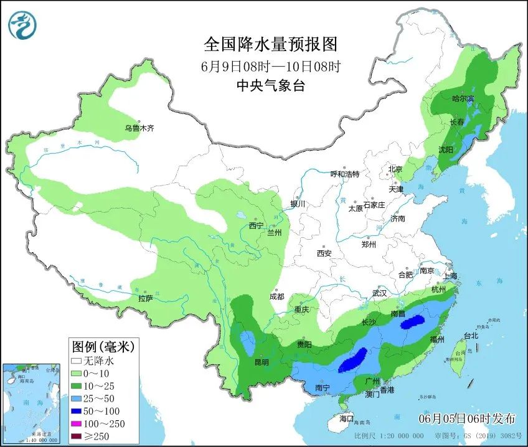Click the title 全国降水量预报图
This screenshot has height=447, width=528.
[x=270, y=44]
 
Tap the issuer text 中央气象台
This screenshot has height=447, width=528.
[x=270, y=87]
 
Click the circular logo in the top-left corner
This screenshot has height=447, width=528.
[x=22, y=25]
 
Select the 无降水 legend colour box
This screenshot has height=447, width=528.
[x=77, y=360]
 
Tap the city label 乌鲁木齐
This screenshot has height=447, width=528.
[x=138, y=128]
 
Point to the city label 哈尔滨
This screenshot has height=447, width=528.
[x=462, y=98]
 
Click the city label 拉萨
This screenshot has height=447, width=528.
[x=146, y=299]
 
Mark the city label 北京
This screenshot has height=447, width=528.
[x=395, y=169]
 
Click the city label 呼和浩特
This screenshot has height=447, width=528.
[x=344, y=174]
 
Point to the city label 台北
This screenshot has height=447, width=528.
[x=471, y=336]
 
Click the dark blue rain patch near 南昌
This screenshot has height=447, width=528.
[x=413, y=322]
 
